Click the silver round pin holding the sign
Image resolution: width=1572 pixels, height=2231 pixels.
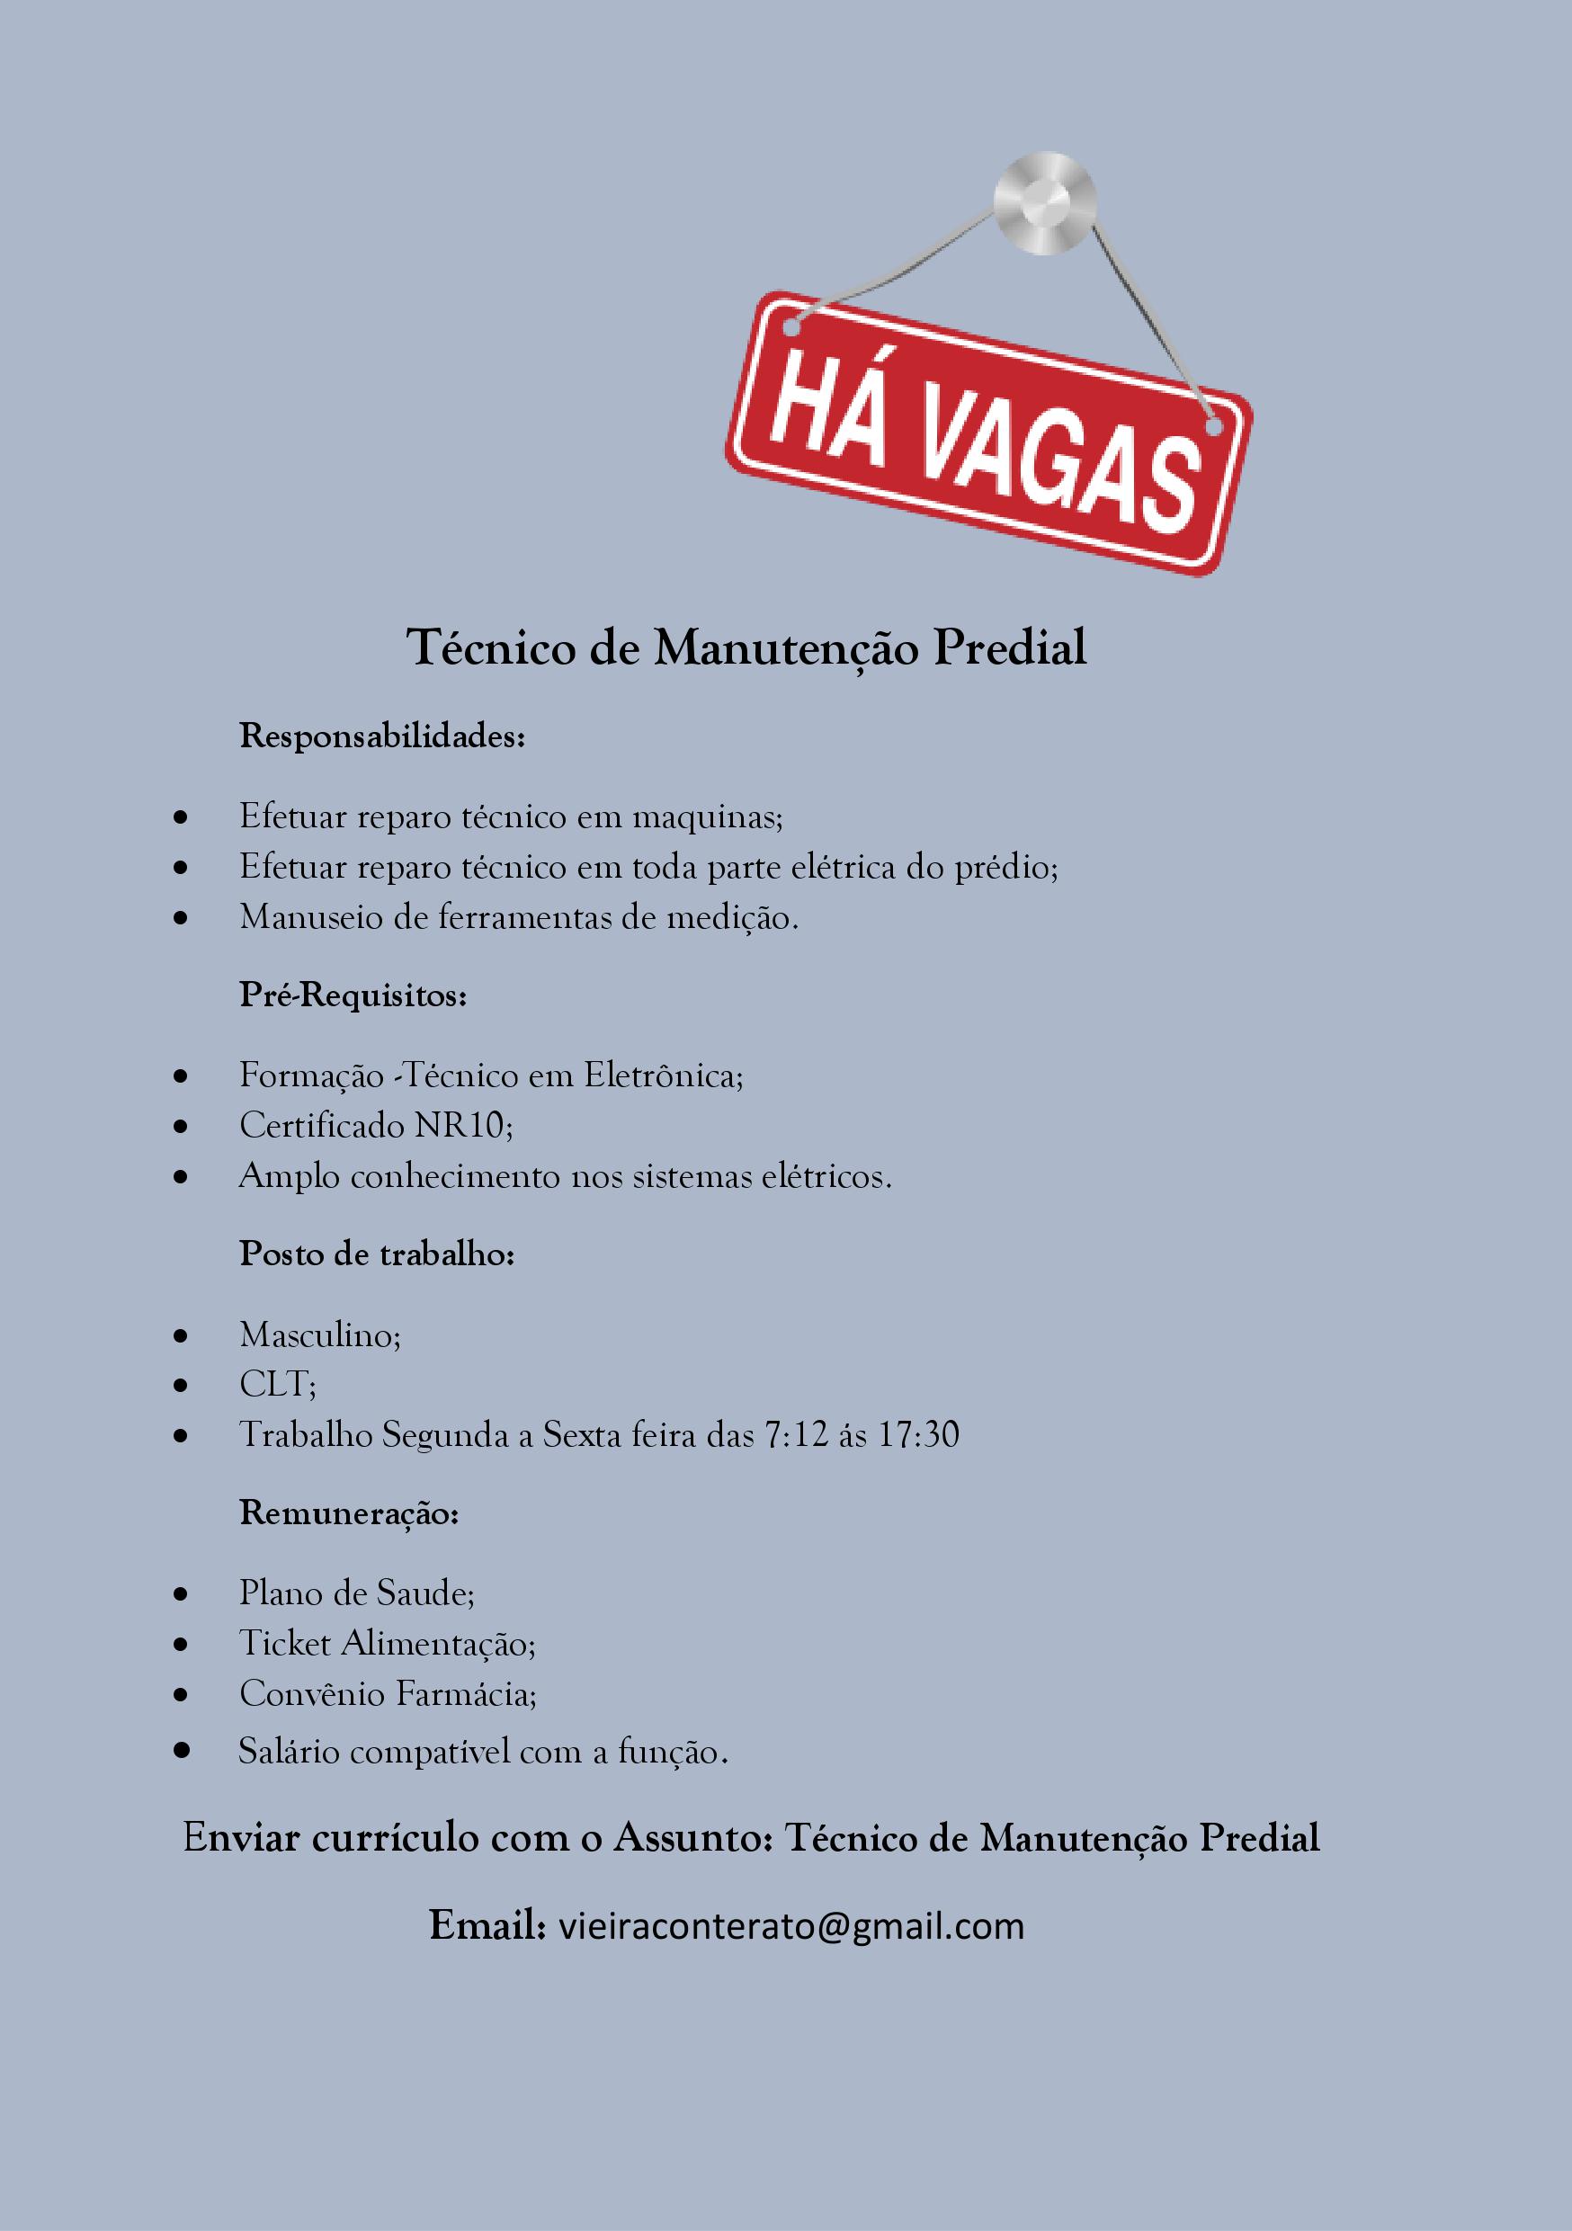tap(1044, 203)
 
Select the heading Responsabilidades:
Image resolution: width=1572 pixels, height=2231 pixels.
tap(382, 736)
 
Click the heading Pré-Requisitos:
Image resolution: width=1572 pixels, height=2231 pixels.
tap(353, 996)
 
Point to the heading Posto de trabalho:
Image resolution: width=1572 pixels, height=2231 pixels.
tap(376, 1254)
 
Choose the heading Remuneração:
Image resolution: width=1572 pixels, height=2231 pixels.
tap(349, 1513)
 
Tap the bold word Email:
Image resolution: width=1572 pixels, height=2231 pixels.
tap(487, 1925)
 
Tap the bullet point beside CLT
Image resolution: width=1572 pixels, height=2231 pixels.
tap(181, 1387)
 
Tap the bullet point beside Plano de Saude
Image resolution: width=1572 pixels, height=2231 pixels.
tap(181, 1594)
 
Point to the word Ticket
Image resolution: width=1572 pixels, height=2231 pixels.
tap(285, 1643)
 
